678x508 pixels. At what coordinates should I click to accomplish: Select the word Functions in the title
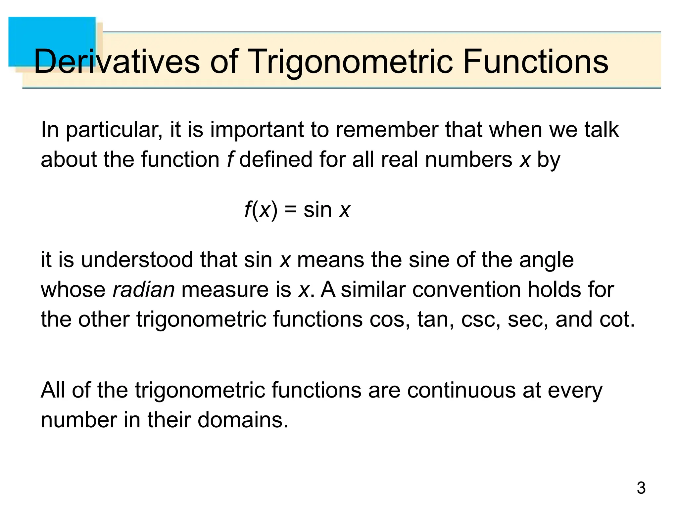pyautogui.click(x=535, y=62)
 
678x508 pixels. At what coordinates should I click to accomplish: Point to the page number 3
pyautogui.click(x=641, y=488)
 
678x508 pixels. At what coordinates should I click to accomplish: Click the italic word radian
pyautogui.click(x=144, y=289)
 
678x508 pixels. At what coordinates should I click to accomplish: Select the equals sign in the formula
pyautogui.click(x=290, y=210)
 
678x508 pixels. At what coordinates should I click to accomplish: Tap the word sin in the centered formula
pyautogui.click(x=317, y=210)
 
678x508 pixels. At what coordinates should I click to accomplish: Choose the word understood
pyautogui.click(x=137, y=260)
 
